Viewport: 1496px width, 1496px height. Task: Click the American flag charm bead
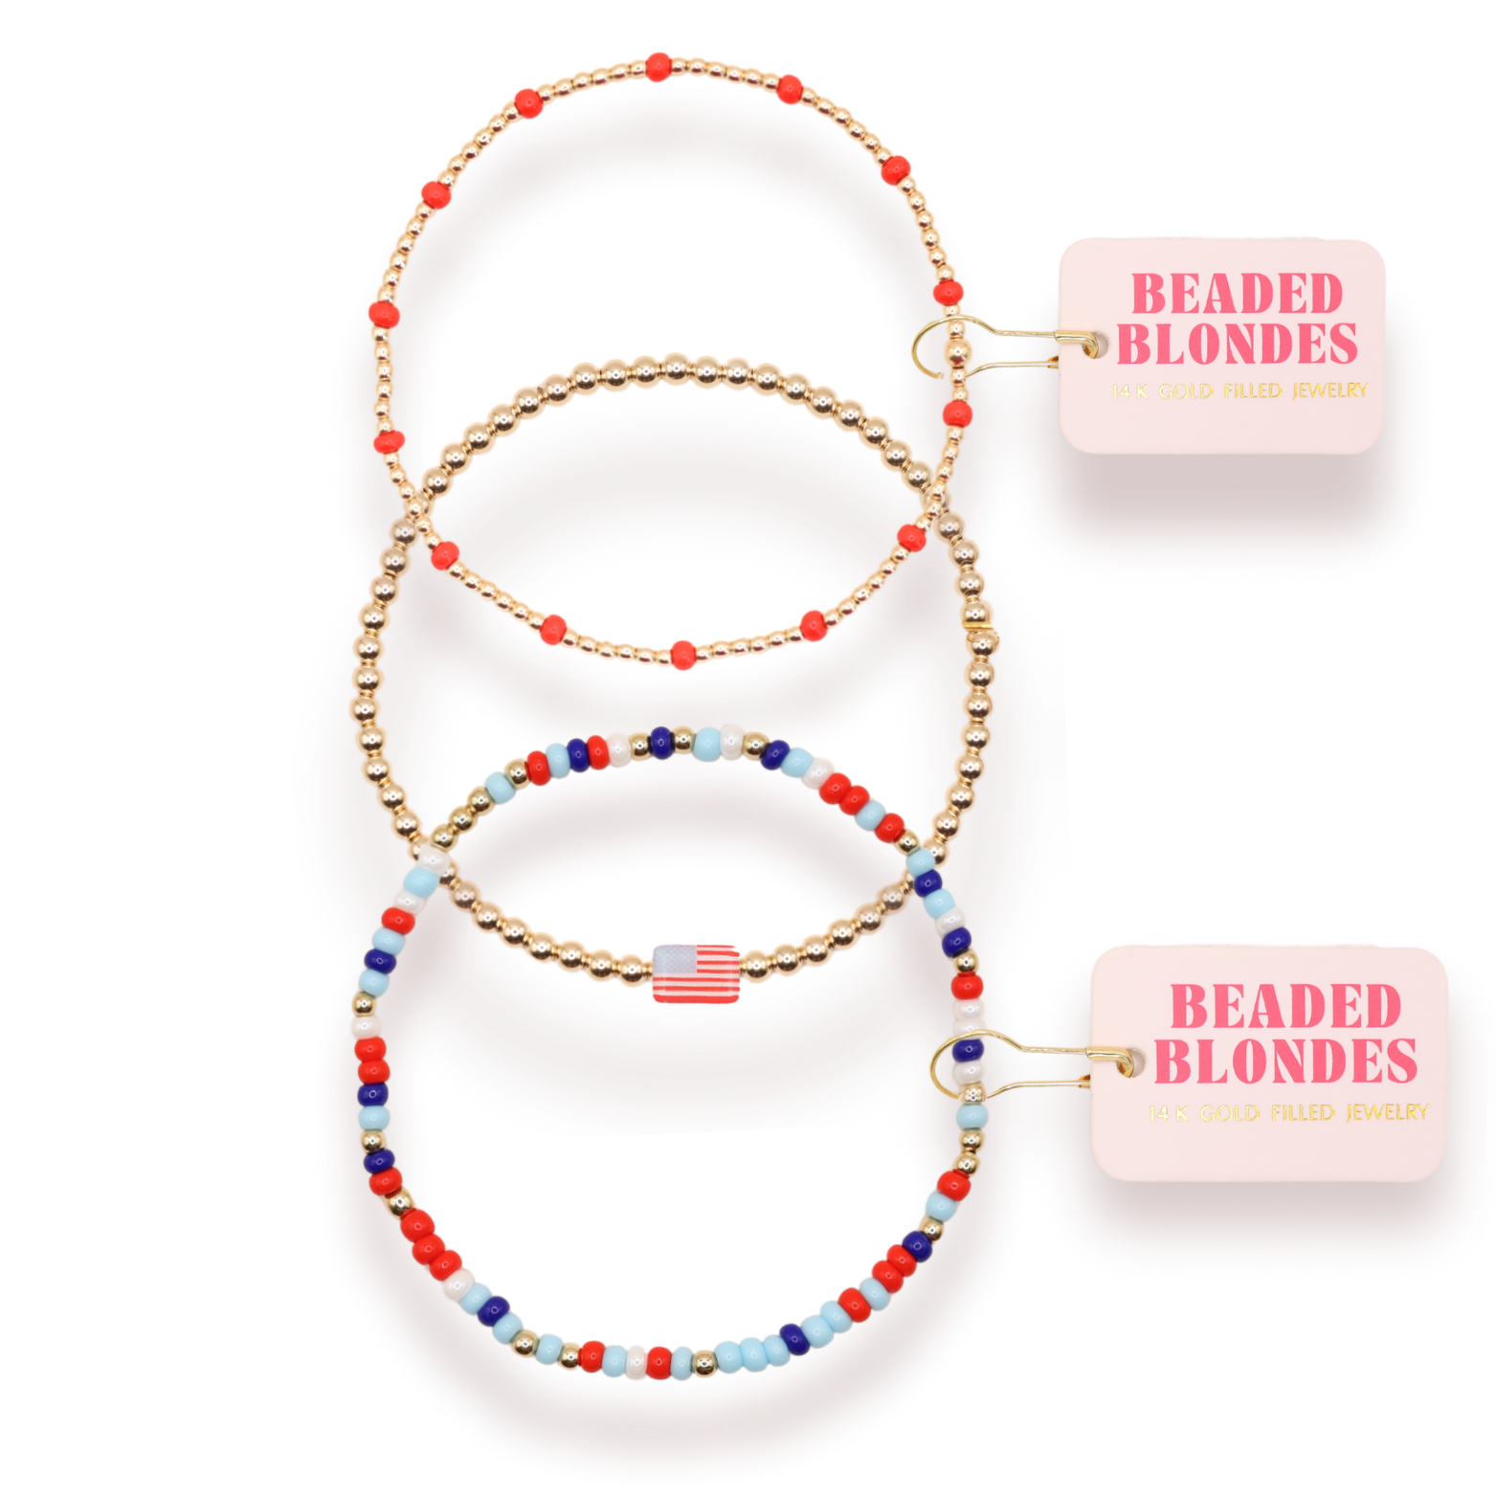696,973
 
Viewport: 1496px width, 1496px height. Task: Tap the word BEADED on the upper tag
1238,294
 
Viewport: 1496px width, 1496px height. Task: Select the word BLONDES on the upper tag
1237,345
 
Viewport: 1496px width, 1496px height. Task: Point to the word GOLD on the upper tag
1186,391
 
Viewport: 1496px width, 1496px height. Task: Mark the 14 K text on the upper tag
1129,391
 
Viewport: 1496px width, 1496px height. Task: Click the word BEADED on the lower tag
1285,1007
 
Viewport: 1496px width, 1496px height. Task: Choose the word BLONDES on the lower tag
1285,1061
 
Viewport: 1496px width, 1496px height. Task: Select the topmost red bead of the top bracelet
659,67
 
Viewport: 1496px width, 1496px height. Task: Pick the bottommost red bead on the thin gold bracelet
682,656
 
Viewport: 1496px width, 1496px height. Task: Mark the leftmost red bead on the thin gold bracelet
384,314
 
